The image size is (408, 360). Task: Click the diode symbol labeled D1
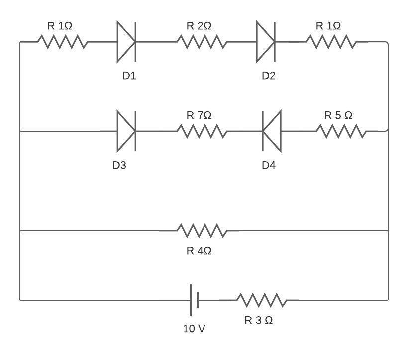[126, 42]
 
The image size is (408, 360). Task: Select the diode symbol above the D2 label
[265, 42]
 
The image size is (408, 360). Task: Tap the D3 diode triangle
[126, 131]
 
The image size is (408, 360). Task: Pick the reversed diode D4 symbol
[272, 131]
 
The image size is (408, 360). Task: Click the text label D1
[129, 76]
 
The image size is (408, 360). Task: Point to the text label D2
[269, 76]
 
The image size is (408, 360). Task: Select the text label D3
[119, 165]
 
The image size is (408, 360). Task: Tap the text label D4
[269, 165]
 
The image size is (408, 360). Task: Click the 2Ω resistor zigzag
[202, 42]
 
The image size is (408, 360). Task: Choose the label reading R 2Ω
[199, 26]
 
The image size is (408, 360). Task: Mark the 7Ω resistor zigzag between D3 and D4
[202, 131]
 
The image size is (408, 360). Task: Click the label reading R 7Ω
[199, 115]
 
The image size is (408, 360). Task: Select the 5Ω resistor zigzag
[341, 131]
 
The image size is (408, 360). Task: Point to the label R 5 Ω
[338, 115]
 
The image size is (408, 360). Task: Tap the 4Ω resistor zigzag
[202, 231]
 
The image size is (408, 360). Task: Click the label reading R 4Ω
[199, 251]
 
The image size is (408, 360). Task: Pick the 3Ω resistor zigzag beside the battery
[261, 300]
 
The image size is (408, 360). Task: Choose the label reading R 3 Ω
[259, 320]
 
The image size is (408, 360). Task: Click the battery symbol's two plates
[194, 300]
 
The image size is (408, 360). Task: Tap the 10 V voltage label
[194, 329]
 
